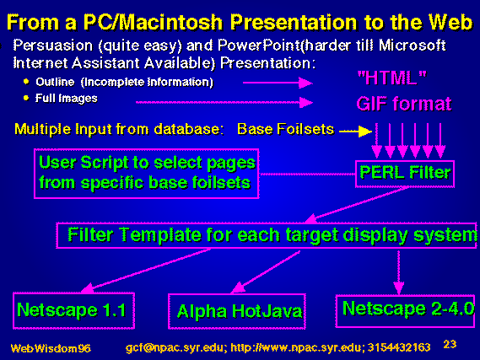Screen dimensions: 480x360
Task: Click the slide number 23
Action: pyautogui.click(x=450, y=344)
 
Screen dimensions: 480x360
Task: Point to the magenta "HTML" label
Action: pyautogui.click(x=391, y=78)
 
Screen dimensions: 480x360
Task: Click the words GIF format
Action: pyautogui.click(x=404, y=104)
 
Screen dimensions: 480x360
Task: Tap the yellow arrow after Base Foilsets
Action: pyautogui.click(x=356, y=132)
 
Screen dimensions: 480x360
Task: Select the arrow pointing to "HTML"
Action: pyautogui.click(x=278, y=83)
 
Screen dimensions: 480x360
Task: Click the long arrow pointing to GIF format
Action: pyautogui.click(x=224, y=103)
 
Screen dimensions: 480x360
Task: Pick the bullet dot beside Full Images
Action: pyautogui.click(x=26, y=98)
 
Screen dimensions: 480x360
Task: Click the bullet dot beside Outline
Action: pyautogui.click(x=26, y=82)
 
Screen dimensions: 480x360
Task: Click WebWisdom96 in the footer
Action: pyautogui.click(x=51, y=348)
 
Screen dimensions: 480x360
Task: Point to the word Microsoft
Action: pyautogui.click(x=412, y=46)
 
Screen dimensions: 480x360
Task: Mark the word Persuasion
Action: pyautogui.click(x=52, y=46)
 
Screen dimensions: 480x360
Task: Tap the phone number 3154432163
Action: pyautogui.click(x=399, y=347)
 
